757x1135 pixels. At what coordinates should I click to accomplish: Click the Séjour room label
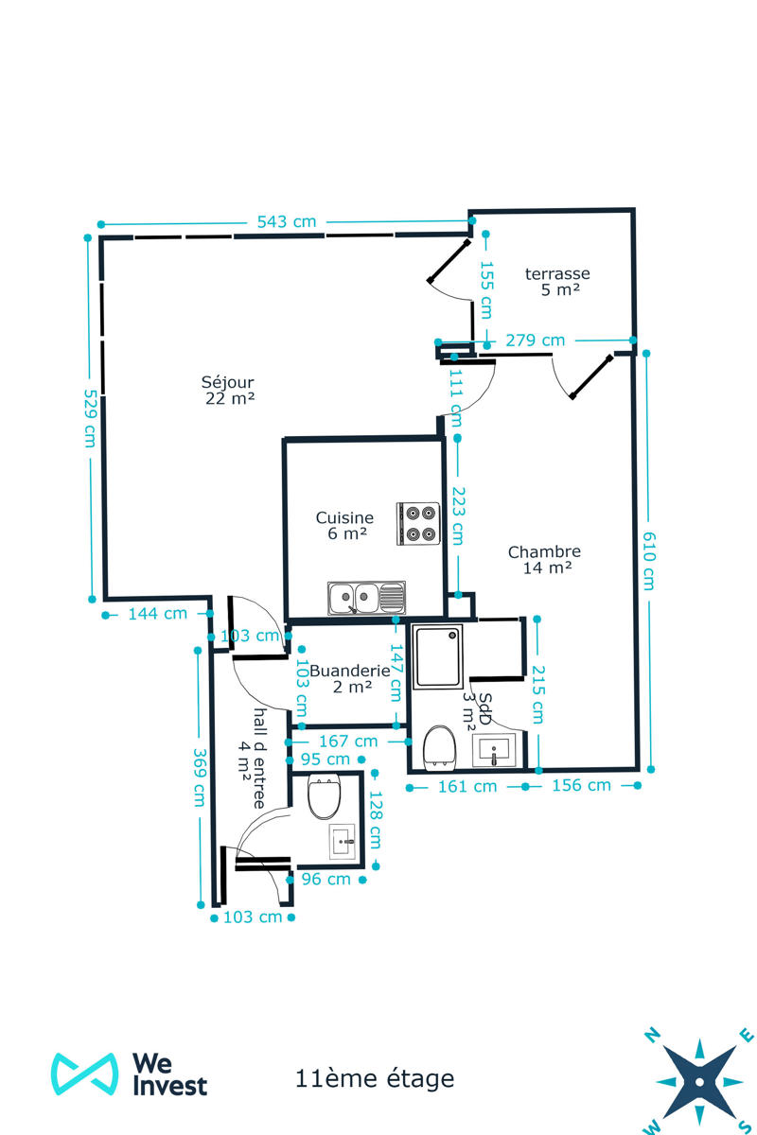[x=228, y=390]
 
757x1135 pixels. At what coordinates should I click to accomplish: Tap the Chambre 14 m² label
[x=544, y=559]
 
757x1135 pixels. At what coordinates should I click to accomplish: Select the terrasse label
[x=557, y=281]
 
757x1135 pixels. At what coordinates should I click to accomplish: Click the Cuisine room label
[x=344, y=525]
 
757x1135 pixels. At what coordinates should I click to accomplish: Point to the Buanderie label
[x=350, y=678]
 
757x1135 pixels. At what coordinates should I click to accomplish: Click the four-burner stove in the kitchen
[x=418, y=523]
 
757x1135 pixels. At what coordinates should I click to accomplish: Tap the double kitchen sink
[x=366, y=598]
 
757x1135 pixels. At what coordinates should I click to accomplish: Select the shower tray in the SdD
[x=437, y=656]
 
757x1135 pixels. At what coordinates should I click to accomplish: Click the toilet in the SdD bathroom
[x=439, y=748]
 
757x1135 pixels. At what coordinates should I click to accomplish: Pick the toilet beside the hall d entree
[x=324, y=797]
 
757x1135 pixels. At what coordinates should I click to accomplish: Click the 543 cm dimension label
[x=287, y=222]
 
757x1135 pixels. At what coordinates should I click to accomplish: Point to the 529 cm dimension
[x=90, y=418]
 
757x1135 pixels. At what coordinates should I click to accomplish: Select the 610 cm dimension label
[x=649, y=560]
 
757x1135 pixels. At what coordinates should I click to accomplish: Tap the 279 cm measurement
[x=535, y=340]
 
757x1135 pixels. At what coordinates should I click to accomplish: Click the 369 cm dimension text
[x=200, y=777]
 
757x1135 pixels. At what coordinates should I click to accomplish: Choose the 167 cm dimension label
[x=348, y=742]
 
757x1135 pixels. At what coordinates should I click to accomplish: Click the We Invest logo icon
[x=84, y=1074]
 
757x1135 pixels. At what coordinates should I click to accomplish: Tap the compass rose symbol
[x=699, y=1082]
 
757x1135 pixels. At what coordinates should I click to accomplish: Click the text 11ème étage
[x=375, y=1078]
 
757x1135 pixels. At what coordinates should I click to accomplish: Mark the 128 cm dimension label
[x=376, y=820]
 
